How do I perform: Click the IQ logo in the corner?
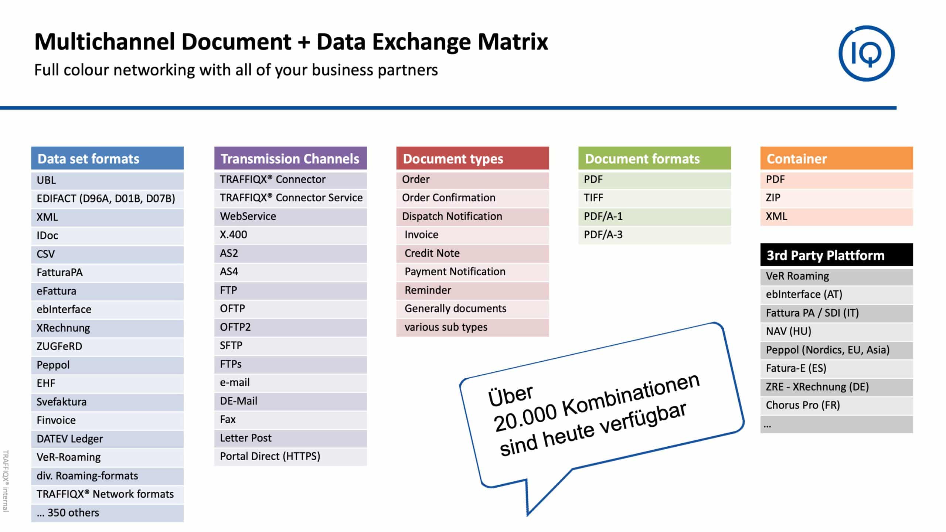pos(867,54)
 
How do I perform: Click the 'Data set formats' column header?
pos(107,158)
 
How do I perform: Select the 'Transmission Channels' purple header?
pos(290,158)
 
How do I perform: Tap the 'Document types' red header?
pos(472,158)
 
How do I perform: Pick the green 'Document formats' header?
pos(654,158)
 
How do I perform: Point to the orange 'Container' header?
pos(837,158)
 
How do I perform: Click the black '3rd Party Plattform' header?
pos(837,255)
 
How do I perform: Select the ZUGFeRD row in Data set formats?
pos(107,347)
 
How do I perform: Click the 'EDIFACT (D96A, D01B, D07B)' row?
pos(107,199)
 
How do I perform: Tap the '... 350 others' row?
pos(107,513)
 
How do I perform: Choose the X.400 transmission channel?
pos(290,235)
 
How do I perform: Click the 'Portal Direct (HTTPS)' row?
pos(290,457)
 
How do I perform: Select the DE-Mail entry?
pos(290,401)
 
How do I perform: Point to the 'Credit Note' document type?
pos(472,253)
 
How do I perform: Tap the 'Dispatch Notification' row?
pos(472,216)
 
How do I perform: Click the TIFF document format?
pos(654,198)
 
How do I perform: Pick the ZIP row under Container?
pos(837,198)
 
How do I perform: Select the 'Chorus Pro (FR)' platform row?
pos(837,406)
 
